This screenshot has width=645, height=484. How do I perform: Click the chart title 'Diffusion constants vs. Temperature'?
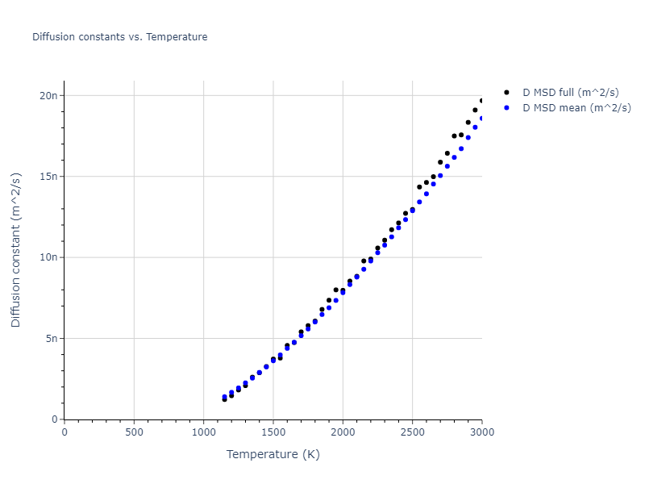[x=119, y=37]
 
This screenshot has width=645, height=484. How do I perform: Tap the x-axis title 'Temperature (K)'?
[x=273, y=454]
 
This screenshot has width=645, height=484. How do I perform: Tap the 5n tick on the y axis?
[x=51, y=339]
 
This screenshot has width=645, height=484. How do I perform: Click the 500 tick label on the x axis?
[x=134, y=432]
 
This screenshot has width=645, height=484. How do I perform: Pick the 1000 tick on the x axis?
[x=203, y=432]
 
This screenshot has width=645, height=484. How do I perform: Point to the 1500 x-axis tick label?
[x=273, y=432]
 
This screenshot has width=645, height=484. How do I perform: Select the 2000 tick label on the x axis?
[x=343, y=432]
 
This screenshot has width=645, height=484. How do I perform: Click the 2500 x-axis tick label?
[x=412, y=432]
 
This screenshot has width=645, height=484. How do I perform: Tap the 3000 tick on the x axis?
[x=482, y=432]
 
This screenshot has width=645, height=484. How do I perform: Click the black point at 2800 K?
[x=454, y=136]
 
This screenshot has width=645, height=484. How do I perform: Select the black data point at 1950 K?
[x=336, y=290]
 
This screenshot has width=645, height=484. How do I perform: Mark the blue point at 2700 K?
[x=440, y=175]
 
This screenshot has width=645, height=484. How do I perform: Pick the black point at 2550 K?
[x=419, y=186]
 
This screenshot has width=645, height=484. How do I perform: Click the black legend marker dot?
[x=506, y=93]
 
